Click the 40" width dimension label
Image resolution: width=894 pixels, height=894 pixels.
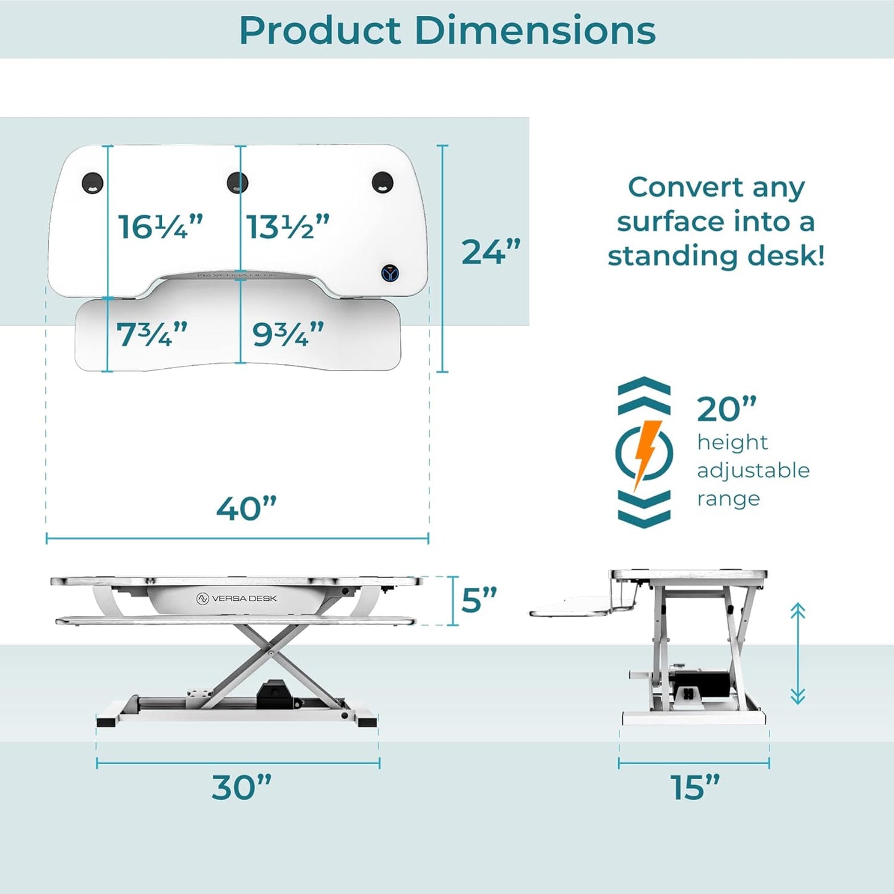246,509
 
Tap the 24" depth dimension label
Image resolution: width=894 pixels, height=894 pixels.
491,252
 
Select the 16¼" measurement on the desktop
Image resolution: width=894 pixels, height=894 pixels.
160,227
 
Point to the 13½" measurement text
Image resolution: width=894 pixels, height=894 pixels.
288,227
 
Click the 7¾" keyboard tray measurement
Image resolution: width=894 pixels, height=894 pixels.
152,335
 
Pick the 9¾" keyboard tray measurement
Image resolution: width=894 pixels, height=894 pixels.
288,335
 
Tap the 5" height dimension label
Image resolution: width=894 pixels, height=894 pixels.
479,600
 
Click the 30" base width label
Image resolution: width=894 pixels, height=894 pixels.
241,788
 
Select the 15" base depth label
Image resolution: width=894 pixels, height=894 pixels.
695,788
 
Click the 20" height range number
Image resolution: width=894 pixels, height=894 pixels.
726,409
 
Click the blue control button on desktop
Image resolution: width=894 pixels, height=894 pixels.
390,273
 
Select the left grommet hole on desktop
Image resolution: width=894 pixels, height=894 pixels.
93,183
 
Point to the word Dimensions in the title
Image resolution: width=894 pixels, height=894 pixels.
535,30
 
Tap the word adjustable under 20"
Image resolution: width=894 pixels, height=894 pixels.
753,470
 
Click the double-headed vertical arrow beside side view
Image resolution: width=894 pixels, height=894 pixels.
797,654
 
